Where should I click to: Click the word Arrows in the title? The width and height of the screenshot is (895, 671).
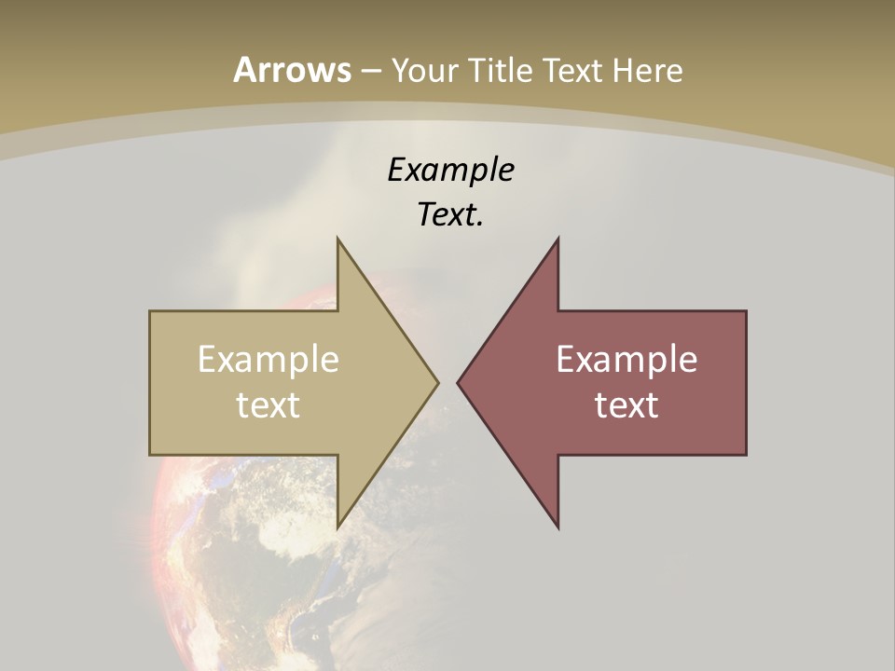click(292, 70)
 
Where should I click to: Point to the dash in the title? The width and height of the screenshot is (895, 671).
click(371, 71)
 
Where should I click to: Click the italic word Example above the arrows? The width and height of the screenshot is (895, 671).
click(451, 170)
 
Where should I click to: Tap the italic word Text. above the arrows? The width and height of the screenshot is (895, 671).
click(450, 215)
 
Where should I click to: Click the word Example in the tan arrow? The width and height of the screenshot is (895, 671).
click(268, 359)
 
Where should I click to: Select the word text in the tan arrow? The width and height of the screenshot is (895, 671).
click(268, 404)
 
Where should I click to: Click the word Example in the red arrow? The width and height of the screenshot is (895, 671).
click(626, 359)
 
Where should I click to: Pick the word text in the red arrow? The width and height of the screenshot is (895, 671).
click(626, 404)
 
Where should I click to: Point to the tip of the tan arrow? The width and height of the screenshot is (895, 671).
click(438, 382)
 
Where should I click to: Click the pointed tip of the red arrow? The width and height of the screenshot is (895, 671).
click(458, 382)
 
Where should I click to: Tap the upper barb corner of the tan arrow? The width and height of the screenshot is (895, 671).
click(337, 239)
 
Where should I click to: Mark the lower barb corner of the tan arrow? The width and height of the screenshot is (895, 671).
click(337, 527)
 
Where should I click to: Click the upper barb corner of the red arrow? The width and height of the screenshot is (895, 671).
click(558, 239)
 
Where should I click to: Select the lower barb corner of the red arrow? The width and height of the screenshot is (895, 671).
click(558, 527)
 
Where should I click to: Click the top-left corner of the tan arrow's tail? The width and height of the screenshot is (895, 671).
click(150, 311)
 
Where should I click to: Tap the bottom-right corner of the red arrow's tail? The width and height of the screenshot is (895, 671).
click(746, 454)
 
